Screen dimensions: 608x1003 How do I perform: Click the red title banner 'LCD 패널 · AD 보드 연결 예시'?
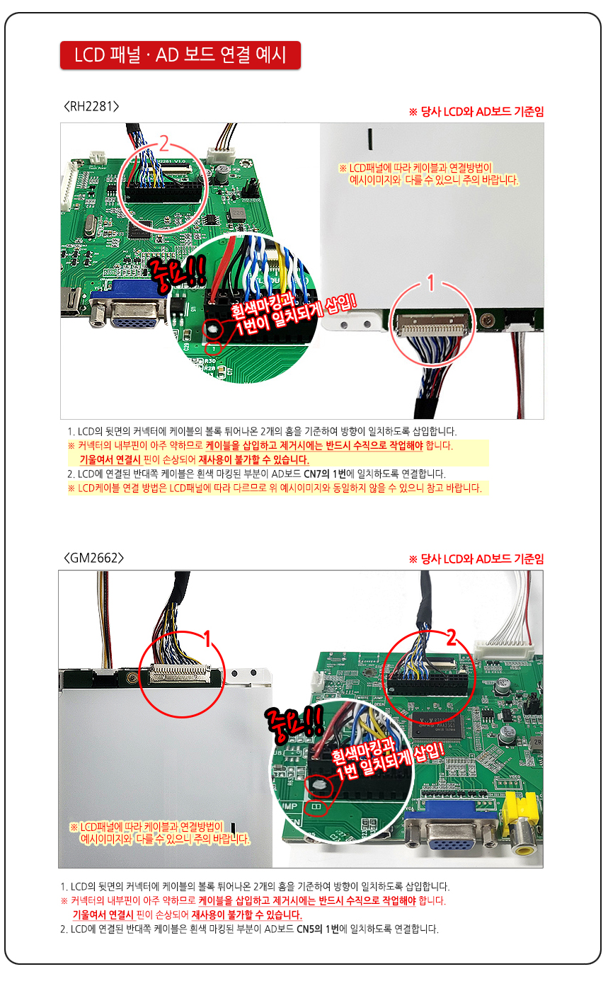tap(180, 55)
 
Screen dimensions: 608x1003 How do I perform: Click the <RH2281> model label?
tap(91, 106)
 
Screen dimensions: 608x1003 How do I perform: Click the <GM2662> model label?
tap(93, 558)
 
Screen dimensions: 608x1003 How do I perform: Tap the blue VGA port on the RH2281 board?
tap(130, 304)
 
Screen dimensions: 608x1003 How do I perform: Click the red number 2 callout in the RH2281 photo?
tap(164, 144)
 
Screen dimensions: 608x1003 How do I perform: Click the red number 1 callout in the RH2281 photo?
tap(431, 282)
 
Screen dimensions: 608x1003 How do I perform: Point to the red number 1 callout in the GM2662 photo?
tap(207, 639)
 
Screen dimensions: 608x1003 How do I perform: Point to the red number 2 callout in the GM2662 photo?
tap(452, 637)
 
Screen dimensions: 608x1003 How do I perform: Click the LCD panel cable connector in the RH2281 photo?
tap(432, 323)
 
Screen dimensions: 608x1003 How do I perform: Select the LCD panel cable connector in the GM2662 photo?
tap(180, 673)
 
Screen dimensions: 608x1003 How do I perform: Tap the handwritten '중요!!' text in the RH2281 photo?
tap(177, 273)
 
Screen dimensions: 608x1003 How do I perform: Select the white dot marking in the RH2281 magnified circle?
tap(213, 330)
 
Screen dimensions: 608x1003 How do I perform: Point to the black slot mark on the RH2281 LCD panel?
tap(369, 139)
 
